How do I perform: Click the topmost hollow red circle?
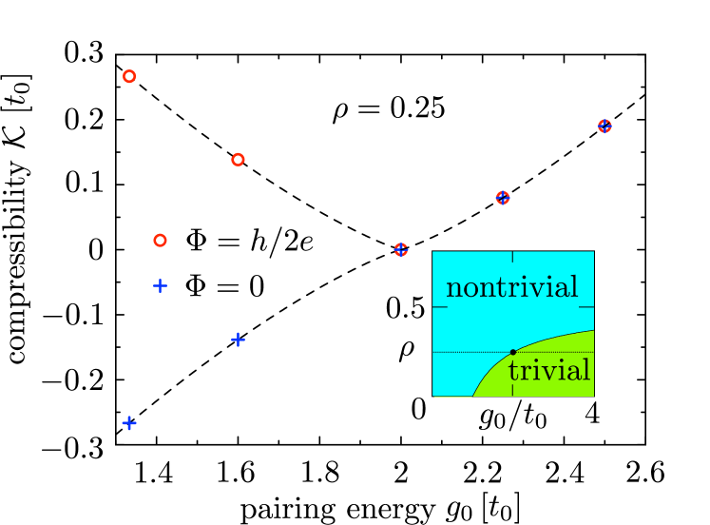[x=129, y=76]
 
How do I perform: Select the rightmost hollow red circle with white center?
[x=238, y=160]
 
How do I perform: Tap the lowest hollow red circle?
[x=160, y=241]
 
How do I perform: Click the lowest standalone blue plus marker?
[x=129, y=423]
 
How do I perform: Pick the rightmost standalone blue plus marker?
[x=238, y=340]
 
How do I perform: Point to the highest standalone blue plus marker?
[x=160, y=285]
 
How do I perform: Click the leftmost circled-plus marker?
[x=401, y=250]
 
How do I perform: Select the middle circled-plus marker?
[x=503, y=198]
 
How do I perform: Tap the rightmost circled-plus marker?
[x=604, y=126]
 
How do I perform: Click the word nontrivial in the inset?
[x=511, y=287]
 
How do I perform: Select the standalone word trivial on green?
[x=548, y=371]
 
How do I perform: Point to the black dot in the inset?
[x=513, y=352]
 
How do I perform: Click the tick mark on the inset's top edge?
[x=513, y=256]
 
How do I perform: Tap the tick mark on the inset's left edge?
[x=438, y=307]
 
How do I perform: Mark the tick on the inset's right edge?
[x=587, y=307]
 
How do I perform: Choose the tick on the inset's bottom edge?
[x=513, y=392]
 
